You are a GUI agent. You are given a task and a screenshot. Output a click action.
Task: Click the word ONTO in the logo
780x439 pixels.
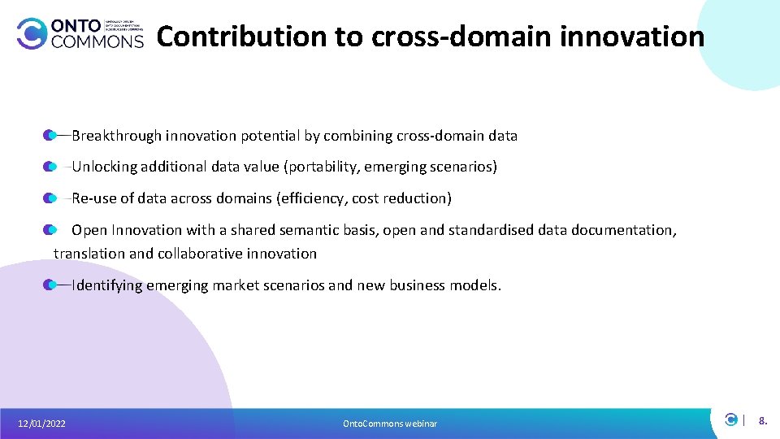[x=75, y=24]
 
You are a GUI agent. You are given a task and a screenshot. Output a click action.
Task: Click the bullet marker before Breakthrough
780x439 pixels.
[x=50, y=135]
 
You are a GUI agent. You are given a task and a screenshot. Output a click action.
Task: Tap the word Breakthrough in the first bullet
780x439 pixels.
[x=116, y=136]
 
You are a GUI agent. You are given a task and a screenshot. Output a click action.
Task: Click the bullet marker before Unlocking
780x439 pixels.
[x=50, y=167]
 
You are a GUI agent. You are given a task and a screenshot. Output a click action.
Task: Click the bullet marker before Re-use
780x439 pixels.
[x=50, y=198]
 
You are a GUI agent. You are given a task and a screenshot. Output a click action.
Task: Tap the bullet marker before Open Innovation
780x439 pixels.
[x=50, y=230]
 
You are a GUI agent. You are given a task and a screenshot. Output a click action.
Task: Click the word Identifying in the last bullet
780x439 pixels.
[x=107, y=285]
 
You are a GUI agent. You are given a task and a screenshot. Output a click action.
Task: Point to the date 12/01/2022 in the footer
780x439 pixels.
[x=42, y=424]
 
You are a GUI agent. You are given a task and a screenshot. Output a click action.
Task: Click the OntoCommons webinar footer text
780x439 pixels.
[x=389, y=424]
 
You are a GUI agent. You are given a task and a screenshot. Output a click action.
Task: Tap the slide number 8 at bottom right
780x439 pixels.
[x=762, y=421]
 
